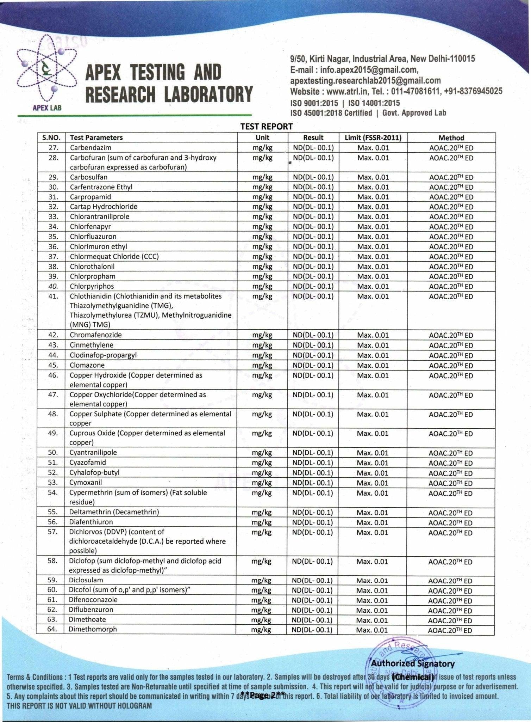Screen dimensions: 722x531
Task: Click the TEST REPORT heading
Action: (267, 127)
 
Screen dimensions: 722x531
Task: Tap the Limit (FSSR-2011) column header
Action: (373, 138)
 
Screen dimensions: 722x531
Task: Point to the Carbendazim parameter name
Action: (90, 148)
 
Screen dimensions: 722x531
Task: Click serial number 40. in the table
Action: (53, 286)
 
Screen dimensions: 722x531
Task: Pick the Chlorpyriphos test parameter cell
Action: (92, 286)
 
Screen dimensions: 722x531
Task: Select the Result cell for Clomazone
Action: (313, 365)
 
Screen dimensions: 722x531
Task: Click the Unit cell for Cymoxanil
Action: (262, 483)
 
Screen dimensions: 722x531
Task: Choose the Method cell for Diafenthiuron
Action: (450, 522)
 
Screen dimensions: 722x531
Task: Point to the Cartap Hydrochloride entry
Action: (104, 207)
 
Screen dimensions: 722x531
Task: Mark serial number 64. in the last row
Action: (52, 629)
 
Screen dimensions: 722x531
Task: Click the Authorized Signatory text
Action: (413, 664)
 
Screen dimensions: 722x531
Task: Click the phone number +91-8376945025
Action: (473, 92)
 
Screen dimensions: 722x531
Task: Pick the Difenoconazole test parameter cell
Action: (93, 600)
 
